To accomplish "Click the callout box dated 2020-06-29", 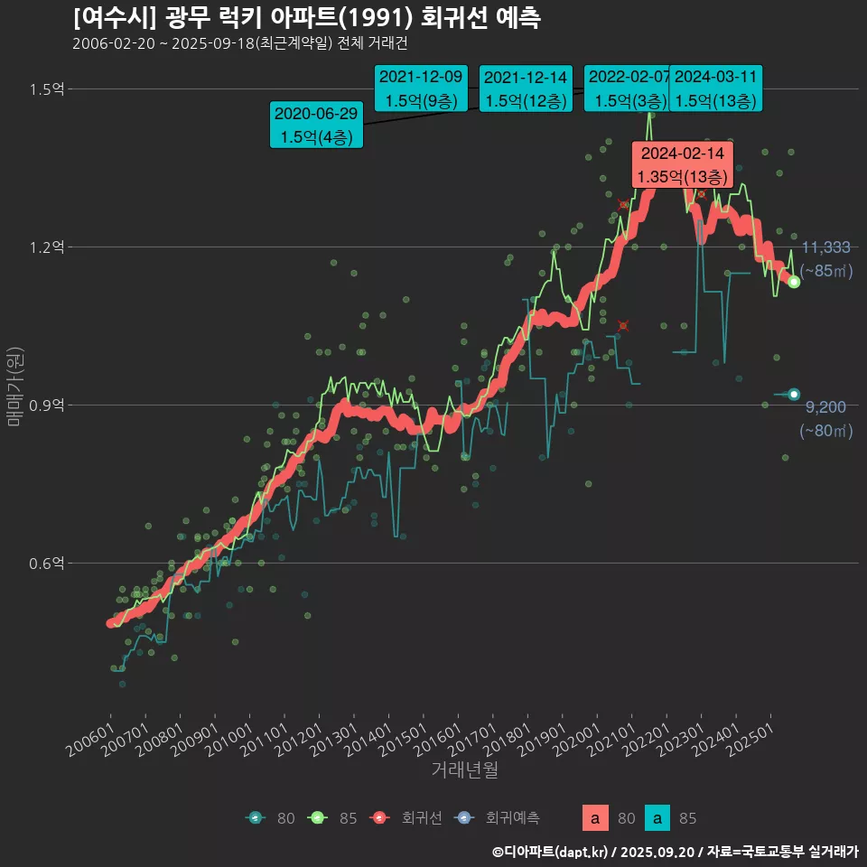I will [316, 126].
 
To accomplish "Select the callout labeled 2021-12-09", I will [420, 89].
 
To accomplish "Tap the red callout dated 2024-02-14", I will [682, 164].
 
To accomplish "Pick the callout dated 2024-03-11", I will [715, 89].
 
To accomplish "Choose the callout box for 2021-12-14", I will [525, 89].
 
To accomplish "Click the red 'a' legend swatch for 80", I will [594, 818].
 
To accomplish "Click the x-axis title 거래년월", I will [464, 769].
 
